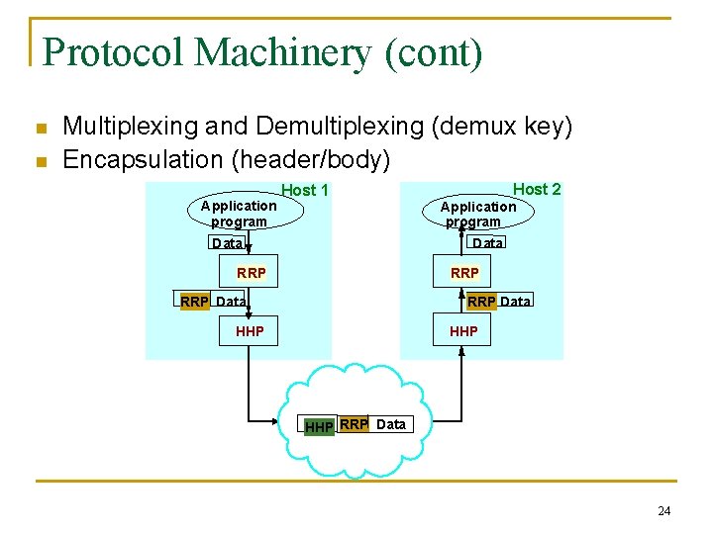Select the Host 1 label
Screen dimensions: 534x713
(305, 190)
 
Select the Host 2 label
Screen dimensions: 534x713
(537, 189)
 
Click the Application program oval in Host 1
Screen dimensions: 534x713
(239, 214)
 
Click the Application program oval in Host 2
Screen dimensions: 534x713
(478, 214)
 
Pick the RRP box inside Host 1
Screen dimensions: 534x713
(251, 273)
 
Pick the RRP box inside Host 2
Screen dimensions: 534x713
(464, 273)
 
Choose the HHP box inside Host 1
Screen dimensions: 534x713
(250, 331)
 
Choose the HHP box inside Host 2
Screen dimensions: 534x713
(463, 331)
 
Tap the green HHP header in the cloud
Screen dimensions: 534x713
(319, 426)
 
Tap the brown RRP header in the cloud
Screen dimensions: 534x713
(354, 424)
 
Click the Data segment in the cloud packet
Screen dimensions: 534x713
(391, 424)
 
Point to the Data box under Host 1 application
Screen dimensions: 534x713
(227, 243)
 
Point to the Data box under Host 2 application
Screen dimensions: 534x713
(487, 243)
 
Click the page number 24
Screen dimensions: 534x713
(663, 511)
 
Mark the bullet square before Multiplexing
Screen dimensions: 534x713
(40, 129)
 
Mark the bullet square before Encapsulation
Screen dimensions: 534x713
(40, 161)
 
